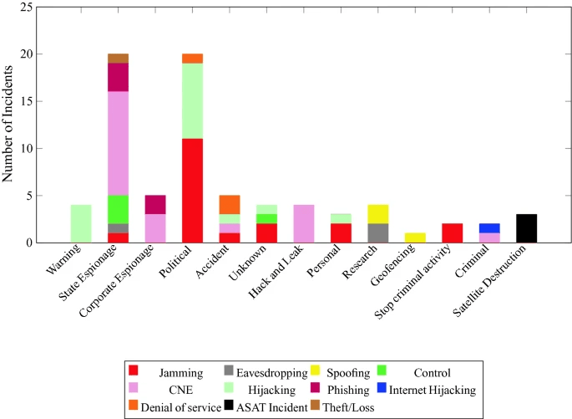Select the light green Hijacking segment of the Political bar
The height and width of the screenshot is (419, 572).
coord(193,101)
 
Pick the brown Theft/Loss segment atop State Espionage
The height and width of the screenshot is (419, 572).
coord(118,59)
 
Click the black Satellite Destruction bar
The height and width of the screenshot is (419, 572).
coord(527,228)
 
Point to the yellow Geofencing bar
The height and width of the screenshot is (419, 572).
coord(414,238)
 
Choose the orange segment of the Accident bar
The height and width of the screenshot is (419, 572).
coord(230,204)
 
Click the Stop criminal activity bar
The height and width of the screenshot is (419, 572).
coord(452,232)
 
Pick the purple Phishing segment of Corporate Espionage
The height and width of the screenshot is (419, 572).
coord(155,205)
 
